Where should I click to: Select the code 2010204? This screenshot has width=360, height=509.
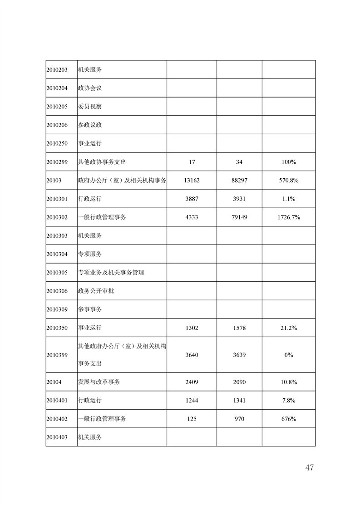click(57, 88)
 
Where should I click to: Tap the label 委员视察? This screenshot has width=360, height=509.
click(90, 107)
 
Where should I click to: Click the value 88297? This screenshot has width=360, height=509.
click(239, 181)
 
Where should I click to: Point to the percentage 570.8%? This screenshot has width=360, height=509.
click(288, 181)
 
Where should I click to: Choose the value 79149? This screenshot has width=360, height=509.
click(239, 217)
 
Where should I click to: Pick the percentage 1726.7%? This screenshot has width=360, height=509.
click(288, 217)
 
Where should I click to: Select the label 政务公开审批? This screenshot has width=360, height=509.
click(96, 291)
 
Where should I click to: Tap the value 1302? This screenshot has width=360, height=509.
click(192, 328)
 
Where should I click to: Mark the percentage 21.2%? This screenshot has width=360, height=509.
click(288, 328)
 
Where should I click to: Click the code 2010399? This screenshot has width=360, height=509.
click(57, 355)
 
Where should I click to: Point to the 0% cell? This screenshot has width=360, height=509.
click(288, 355)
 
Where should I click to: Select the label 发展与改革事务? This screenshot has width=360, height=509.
click(99, 382)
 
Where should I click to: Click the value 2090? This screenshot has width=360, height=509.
click(239, 382)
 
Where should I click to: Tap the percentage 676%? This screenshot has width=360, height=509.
click(288, 419)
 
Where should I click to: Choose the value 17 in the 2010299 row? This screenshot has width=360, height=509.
click(192, 162)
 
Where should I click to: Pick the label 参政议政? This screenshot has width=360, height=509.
click(90, 125)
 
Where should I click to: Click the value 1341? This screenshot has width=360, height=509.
click(239, 401)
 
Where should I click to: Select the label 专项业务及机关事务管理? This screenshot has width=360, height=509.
click(111, 272)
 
